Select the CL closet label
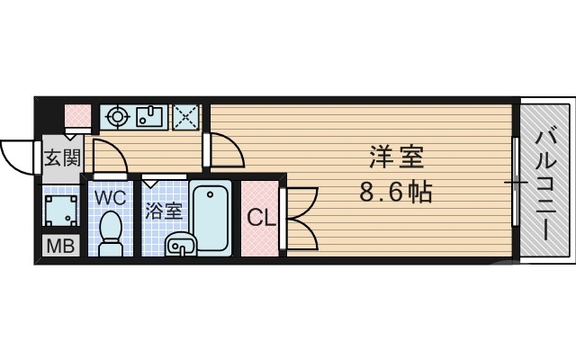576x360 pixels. (x=261, y=218)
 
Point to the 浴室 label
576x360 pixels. (x=165, y=213)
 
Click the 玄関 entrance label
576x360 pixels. (x=63, y=160)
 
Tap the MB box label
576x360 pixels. (x=59, y=246)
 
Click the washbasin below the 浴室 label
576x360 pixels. (x=180, y=244)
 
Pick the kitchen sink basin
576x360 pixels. (x=148, y=115)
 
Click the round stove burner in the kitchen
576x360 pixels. (x=116, y=115)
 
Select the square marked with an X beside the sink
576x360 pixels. (x=186, y=115)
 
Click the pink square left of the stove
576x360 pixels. (x=79, y=115)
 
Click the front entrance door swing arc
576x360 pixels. (x=18, y=157)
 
